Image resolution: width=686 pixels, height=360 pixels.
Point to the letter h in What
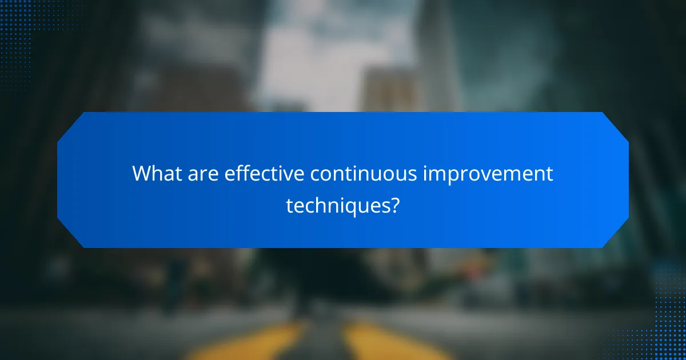coord(157,173)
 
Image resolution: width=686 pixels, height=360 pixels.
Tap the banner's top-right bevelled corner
coord(616,125)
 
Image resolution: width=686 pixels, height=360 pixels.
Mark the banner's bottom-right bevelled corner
coord(616,235)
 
